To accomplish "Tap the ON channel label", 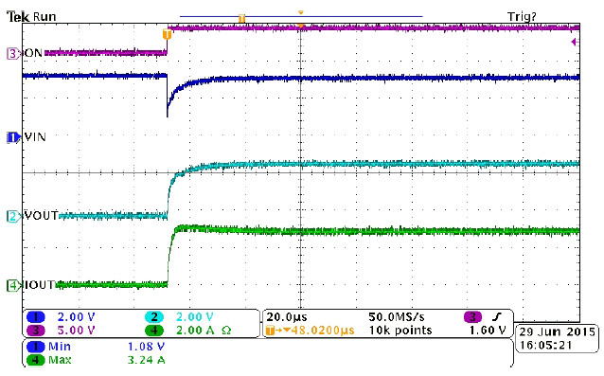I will (x=32, y=53).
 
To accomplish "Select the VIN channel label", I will (x=35, y=137).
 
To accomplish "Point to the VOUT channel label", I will (x=41, y=217).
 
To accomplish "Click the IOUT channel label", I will (x=40, y=284).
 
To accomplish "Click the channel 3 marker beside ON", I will (x=13, y=53).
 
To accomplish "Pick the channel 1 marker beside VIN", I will (x=13, y=137).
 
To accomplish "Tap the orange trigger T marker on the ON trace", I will (x=168, y=33).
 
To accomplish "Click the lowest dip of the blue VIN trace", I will (x=168, y=116).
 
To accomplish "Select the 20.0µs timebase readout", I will (x=285, y=316).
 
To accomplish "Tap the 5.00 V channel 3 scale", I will (x=76, y=331).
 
